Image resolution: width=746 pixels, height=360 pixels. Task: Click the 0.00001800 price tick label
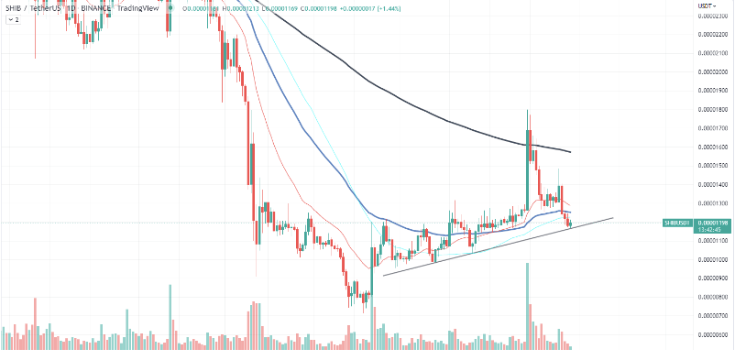(x=713, y=109)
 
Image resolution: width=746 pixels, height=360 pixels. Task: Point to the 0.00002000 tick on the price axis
(x=713, y=71)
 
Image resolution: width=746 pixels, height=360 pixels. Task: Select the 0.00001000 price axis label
(x=713, y=259)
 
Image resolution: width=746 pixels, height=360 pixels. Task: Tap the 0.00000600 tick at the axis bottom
(x=713, y=334)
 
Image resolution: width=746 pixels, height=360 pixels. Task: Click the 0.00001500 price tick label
(x=713, y=166)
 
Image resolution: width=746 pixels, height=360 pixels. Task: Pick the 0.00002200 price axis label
(x=713, y=34)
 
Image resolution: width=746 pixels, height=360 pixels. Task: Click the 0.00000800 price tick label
(x=713, y=297)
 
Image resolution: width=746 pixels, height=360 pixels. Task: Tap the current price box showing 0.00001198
(x=713, y=223)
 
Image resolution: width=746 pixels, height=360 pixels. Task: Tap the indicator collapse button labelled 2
(x=14, y=19)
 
